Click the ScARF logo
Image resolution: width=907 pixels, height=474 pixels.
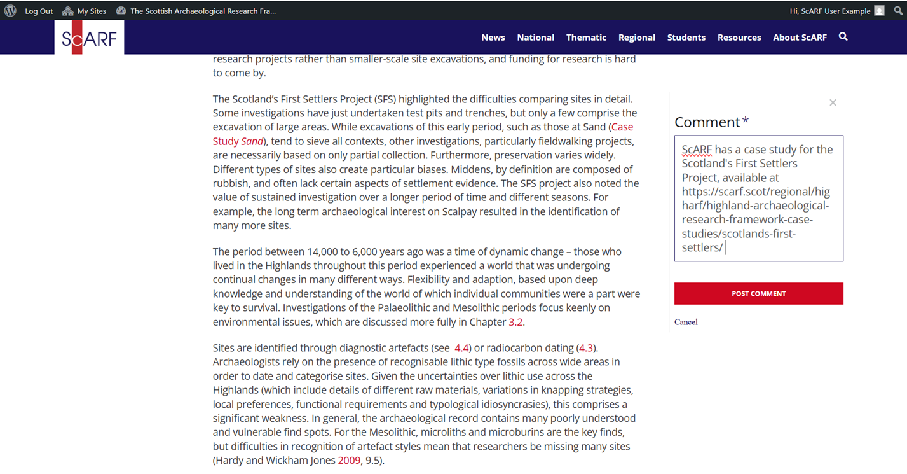89,38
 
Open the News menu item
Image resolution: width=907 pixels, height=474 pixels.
493,38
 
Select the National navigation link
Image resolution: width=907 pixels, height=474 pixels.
535,38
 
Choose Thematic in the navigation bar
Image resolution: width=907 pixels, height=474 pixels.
586,38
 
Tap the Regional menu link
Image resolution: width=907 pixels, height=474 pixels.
636,38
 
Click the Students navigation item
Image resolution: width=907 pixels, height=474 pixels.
686,38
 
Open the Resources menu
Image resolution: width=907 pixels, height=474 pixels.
739,38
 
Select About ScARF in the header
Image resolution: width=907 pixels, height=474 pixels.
800,38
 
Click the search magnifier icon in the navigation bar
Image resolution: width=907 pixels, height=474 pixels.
843,37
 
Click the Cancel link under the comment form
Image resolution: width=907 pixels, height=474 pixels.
686,322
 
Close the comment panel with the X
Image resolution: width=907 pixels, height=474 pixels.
833,102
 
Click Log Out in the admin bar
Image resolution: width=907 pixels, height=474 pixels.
39,11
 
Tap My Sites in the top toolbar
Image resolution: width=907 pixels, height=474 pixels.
91,11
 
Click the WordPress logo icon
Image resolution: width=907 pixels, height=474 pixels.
10,11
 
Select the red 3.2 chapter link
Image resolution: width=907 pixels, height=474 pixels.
515,322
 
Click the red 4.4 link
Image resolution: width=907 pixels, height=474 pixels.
461,348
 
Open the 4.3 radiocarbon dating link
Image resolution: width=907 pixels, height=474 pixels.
585,348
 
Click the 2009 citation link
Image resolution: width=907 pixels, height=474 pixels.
349,460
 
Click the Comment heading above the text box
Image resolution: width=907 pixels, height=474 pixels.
707,122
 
